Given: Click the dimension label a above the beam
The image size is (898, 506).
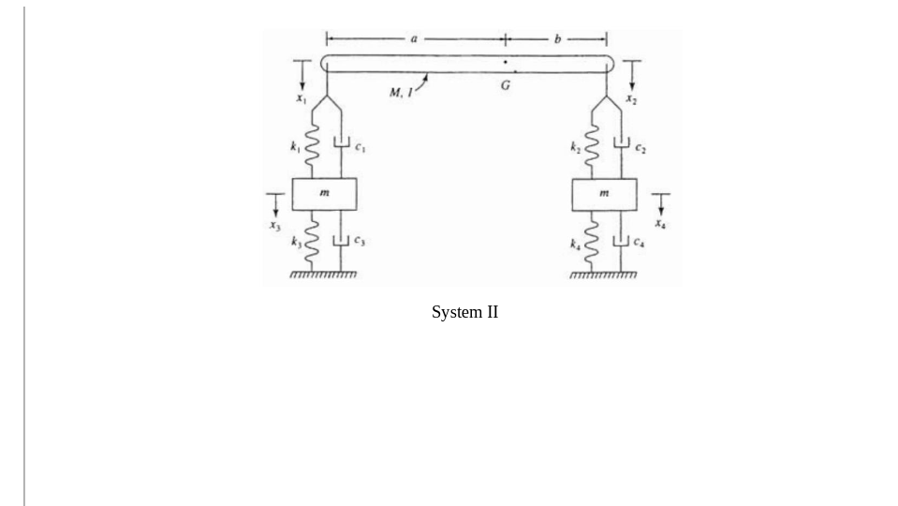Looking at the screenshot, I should click(x=413, y=39).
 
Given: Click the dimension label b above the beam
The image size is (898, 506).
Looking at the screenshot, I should click(x=557, y=39).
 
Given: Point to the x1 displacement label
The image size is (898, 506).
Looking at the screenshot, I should click(x=300, y=97).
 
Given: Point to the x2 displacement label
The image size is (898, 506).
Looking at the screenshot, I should click(x=632, y=97).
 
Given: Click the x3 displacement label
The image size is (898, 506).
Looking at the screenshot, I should click(x=274, y=225).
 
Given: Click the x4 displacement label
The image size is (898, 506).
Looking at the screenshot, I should click(x=660, y=225).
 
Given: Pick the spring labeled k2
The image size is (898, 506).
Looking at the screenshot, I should click(x=591, y=148).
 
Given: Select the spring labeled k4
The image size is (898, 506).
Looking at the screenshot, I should click(x=591, y=242).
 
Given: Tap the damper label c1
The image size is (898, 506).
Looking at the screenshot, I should click(x=358, y=145).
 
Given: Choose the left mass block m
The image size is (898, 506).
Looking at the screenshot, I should click(x=324, y=194).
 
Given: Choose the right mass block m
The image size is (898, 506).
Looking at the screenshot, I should click(x=604, y=194).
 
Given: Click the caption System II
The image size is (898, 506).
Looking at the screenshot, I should click(x=464, y=312).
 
